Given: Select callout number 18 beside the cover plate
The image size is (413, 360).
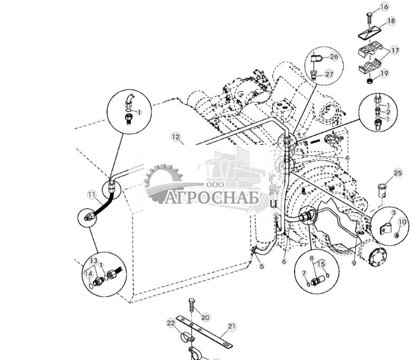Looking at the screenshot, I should (x=391, y=21).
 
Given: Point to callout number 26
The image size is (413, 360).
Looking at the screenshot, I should (x=333, y=57).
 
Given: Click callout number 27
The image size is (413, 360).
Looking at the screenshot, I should (x=329, y=75).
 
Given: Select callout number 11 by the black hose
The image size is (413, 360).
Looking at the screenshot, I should (x=92, y=195).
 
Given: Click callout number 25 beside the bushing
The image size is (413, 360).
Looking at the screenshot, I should (x=398, y=173).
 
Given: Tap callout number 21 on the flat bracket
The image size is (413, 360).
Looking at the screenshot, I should (x=231, y=327).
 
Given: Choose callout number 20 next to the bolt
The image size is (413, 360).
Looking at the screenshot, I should (x=205, y=317).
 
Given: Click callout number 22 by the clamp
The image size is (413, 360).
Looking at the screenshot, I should (x=171, y=323).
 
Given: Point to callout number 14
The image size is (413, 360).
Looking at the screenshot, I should (x=89, y=274).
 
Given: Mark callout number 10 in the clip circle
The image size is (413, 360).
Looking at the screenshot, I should (x=402, y=223).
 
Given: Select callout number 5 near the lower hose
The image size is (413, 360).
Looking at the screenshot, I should (x=261, y=266).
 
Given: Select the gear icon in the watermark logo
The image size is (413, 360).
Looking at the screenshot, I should (x=163, y=182).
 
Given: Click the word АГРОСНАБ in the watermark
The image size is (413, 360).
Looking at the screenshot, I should (x=212, y=197).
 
